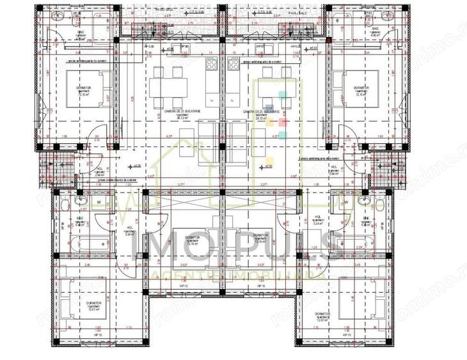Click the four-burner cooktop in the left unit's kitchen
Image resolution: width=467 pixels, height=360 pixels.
click(x=212, y=63)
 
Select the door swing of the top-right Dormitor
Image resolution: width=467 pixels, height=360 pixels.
click(x=346, y=135)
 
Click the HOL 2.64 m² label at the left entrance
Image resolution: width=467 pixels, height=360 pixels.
click(x=99, y=172)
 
